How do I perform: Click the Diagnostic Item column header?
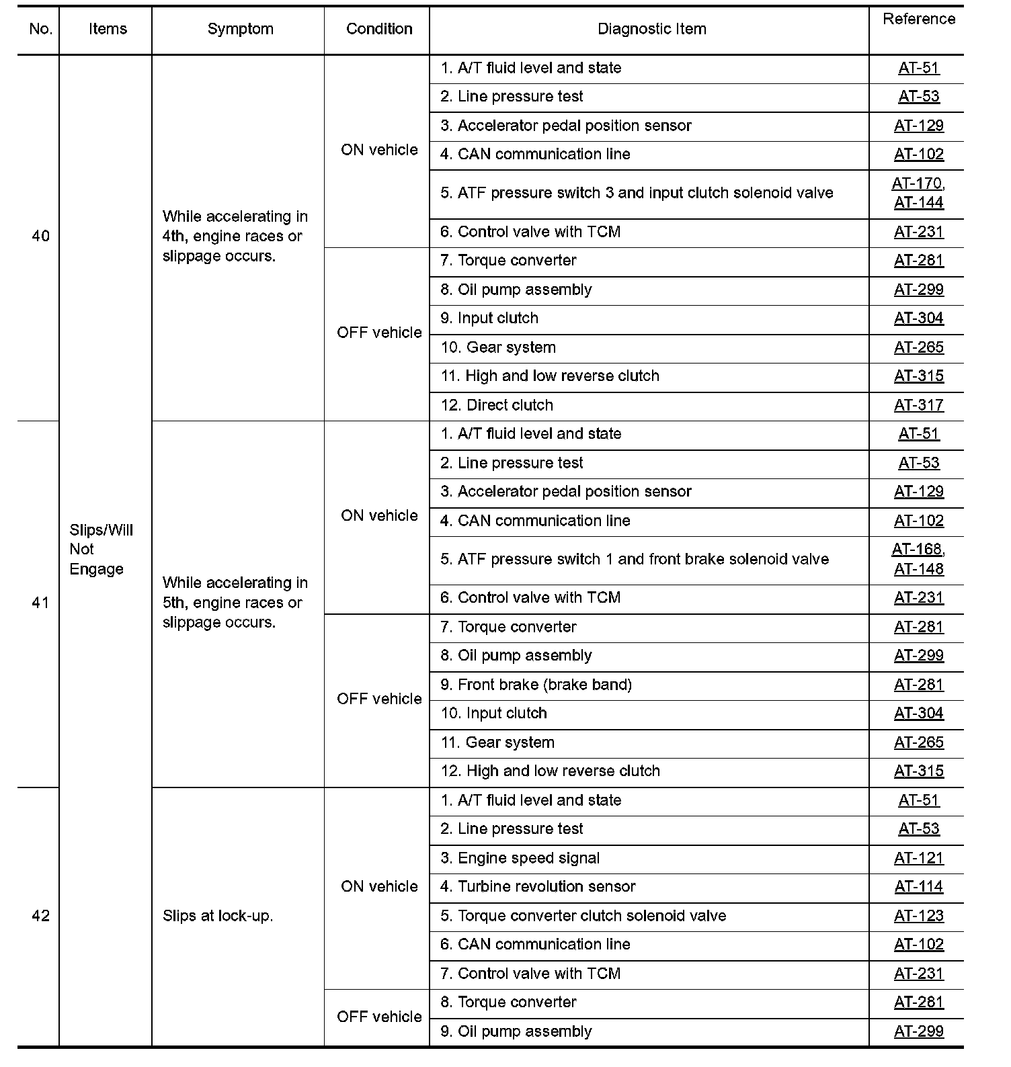point(651,29)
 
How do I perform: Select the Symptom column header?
point(240,29)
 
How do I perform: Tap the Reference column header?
point(918,19)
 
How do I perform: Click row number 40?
point(40,237)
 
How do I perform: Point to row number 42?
point(40,916)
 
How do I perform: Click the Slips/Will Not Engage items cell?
point(102,550)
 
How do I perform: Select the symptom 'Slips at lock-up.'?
point(218,916)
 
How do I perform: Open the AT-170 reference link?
point(917,183)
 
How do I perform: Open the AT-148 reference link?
point(918,569)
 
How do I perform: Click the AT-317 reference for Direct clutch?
point(918,405)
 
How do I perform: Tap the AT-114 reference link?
point(918,887)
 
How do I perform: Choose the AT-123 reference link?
point(918,916)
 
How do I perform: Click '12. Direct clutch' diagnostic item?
point(497,405)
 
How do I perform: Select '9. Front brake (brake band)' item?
point(536,685)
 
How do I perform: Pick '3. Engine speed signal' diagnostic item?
point(520,858)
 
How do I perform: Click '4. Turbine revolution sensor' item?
point(538,887)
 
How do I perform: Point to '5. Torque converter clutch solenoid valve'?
point(583,916)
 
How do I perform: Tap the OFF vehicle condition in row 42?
point(379,1017)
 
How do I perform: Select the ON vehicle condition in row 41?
point(379,516)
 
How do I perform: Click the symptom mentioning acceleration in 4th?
point(235,237)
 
